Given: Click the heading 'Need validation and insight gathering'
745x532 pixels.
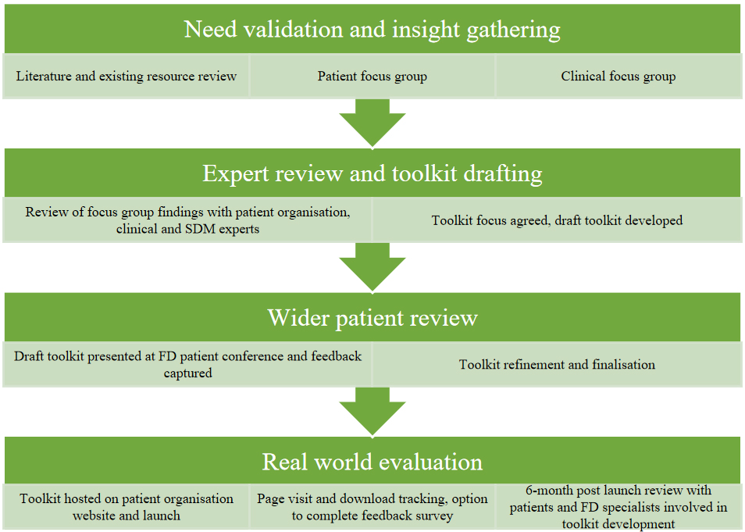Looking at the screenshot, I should click(x=372, y=30).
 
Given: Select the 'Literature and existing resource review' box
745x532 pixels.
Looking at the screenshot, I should click(x=127, y=76).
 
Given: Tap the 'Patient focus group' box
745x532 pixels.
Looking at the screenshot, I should click(x=372, y=76).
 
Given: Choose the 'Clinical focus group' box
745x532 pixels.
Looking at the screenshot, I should click(x=618, y=76).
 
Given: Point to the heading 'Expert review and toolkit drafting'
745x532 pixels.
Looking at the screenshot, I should click(x=372, y=173).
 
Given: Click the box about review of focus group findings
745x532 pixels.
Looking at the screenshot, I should click(x=187, y=220).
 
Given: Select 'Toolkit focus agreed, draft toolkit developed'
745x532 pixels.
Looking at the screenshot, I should click(x=557, y=220).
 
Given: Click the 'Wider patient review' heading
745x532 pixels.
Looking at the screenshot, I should click(x=372, y=317).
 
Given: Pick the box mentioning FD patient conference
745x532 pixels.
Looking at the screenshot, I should click(x=187, y=364).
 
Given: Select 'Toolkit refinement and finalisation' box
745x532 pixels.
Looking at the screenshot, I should click(x=557, y=364).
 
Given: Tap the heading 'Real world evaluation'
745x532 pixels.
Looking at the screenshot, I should click(x=372, y=461).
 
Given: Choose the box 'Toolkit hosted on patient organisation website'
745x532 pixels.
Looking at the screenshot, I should click(x=127, y=507).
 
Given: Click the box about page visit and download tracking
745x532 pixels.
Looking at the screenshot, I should click(x=372, y=507).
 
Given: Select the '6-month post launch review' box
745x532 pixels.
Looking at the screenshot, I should click(x=618, y=507).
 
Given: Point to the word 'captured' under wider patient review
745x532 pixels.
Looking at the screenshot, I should click(x=187, y=373).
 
